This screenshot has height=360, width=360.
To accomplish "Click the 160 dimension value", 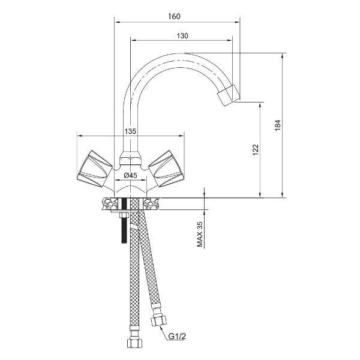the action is click(x=174, y=17).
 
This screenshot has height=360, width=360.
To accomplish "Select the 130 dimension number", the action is click(x=182, y=36).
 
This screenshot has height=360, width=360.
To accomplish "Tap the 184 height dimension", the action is click(x=278, y=125).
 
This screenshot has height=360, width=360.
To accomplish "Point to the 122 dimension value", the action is click(x=256, y=149).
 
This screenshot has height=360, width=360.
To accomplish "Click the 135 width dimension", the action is click(x=130, y=131).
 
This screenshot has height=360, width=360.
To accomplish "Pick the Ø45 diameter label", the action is click(x=130, y=175).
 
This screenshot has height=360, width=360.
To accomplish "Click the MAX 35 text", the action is click(x=200, y=234).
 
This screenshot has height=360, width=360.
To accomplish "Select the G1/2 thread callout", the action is click(x=177, y=337).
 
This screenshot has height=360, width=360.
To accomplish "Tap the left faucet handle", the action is click(x=94, y=169).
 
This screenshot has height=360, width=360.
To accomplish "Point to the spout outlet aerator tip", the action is click(x=229, y=95).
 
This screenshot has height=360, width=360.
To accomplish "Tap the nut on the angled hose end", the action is click(x=158, y=320).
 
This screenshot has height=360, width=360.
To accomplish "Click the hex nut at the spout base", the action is click(x=130, y=158).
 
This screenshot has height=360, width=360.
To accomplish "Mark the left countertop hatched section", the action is click(x=109, y=204).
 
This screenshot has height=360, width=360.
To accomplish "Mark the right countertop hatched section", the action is click(x=152, y=204).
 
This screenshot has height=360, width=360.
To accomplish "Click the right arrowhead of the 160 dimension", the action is click(x=238, y=22).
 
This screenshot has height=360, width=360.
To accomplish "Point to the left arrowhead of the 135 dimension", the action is click(x=80, y=136).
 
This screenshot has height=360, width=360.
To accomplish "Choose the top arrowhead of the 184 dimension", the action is click(x=283, y=56).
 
